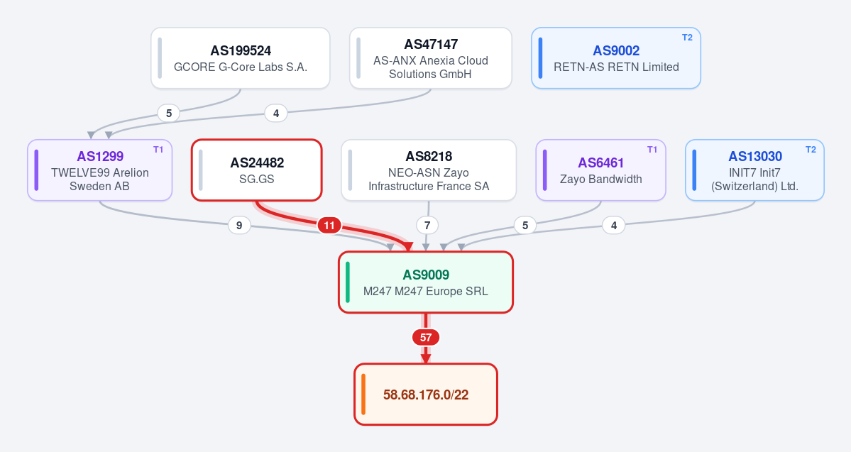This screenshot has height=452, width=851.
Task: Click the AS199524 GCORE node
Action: [241, 58]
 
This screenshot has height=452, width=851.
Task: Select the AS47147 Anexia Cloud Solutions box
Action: [430, 58]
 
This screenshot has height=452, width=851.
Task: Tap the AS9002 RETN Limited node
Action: [616, 58]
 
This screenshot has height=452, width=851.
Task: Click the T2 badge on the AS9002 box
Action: [687, 38]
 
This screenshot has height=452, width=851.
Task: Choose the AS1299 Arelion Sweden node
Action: [100, 170]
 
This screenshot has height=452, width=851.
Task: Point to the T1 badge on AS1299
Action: [158, 150]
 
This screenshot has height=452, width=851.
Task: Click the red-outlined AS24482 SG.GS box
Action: [257, 170]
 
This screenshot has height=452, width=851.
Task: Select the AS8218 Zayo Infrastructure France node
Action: [429, 170]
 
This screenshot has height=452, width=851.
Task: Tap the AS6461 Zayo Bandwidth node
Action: [600, 170]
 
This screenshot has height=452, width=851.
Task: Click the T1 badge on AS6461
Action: [652, 150]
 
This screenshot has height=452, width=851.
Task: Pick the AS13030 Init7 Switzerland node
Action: [755, 170]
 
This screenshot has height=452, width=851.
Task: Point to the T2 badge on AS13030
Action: [811, 150]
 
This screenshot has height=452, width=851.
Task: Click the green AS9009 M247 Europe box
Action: [426, 282]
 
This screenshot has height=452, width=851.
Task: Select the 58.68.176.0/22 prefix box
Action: [426, 395]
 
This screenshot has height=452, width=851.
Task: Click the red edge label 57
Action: [426, 338]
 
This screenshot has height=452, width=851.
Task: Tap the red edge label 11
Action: [329, 225]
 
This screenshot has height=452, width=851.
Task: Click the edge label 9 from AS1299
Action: [239, 225]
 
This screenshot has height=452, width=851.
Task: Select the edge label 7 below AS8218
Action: [427, 225]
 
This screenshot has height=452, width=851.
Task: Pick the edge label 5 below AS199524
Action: [169, 114]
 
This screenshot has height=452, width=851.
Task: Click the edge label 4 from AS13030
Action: [614, 225]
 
